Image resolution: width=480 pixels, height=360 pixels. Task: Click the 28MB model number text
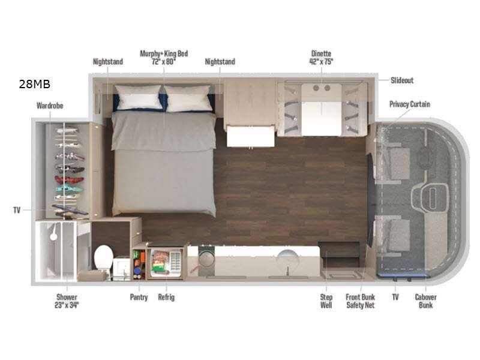pyautogui.click(x=35, y=84)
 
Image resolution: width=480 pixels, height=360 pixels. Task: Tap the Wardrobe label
pyautogui.click(x=50, y=106)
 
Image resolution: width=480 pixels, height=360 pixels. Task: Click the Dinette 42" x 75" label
pyautogui.click(x=321, y=58)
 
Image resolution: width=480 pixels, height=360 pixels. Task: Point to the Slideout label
pyautogui.click(x=402, y=80)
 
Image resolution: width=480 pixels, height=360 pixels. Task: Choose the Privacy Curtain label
pyautogui.click(x=410, y=104)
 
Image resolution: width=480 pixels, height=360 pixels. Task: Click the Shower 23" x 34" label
pyautogui.click(x=67, y=301)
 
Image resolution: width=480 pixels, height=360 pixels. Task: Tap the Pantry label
pyautogui.click(x=139, y=297)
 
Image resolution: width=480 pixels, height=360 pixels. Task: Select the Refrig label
pyautogui.click(x=166, y=297)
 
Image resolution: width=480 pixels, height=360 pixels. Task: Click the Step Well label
pyautogui.click(x=326, y=301)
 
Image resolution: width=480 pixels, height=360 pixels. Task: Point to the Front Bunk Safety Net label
pyautogui.click(x=361, y=301)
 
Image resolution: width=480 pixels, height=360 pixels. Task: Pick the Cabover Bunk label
pyautogui.click(x=425, y=301)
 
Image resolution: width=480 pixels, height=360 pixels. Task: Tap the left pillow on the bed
pyautogui.click(x=139, y=97)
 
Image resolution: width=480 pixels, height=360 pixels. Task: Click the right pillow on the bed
pyautogui.click(x=188, y=98)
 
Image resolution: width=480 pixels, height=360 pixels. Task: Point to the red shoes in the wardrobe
pyautogui.click(x=69, y=179)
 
